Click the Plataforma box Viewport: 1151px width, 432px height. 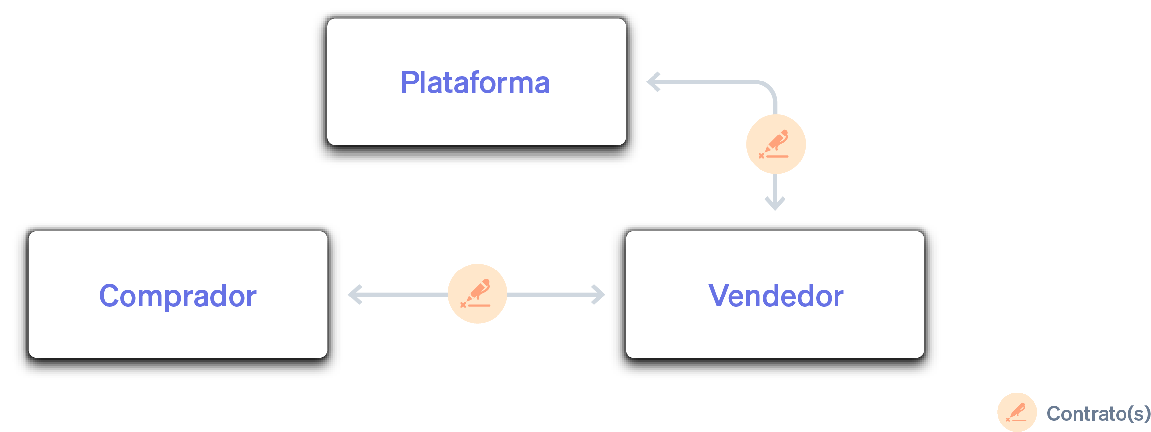click(476, 82)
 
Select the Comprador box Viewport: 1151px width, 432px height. click(178, 295)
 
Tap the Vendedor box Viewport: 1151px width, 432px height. click(775, 295)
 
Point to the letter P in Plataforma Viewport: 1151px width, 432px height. click(409, 82)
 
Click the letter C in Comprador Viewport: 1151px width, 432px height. click(109, 296)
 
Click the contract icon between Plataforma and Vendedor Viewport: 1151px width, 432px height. click(776, 144)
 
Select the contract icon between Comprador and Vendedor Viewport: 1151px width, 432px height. click(477, 294)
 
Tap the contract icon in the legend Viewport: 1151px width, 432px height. click(1017, 412)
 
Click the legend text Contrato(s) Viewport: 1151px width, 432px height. click(1099, 414)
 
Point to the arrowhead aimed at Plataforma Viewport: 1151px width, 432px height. click(654, 82)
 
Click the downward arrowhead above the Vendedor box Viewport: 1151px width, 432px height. click(775, 203)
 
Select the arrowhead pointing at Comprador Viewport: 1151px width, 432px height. click(355, 295)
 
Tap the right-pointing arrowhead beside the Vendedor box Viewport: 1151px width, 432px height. click(599, 295)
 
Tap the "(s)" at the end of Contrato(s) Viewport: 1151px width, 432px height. click(1139, 414)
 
